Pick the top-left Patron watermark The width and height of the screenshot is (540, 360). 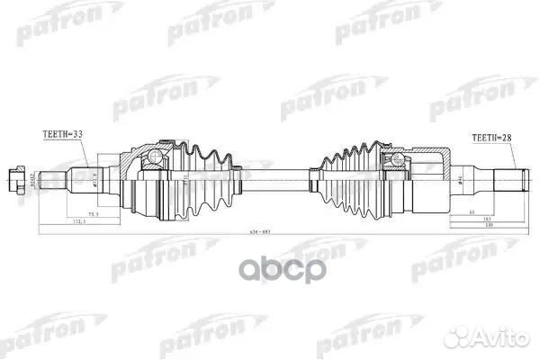(40, 28)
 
